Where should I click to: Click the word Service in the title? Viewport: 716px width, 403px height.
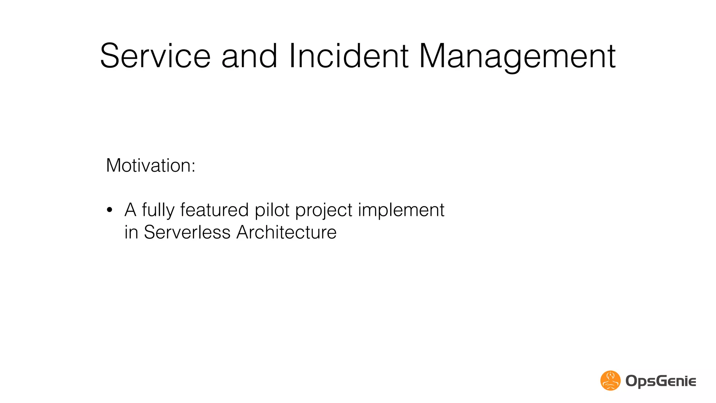(x=155, y=56)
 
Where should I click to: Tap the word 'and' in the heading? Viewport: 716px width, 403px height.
(x=250, y=56)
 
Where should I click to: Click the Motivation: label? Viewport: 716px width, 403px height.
(x=150, y=165)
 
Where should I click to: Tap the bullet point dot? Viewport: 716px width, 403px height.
(x=110, y=210)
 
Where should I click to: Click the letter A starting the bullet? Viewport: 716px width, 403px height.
(x=130, y=210)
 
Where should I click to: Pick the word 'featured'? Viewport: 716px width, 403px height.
(x=214, y=210)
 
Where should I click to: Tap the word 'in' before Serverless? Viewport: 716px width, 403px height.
(x=131, y=232)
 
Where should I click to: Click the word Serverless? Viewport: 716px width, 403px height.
(x=187, y=232)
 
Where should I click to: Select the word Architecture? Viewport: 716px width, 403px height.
(x=286, y=232)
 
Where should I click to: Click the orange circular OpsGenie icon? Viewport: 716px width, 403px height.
(x=610, y=381)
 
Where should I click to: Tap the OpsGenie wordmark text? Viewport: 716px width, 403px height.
(x=660, y=381)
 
